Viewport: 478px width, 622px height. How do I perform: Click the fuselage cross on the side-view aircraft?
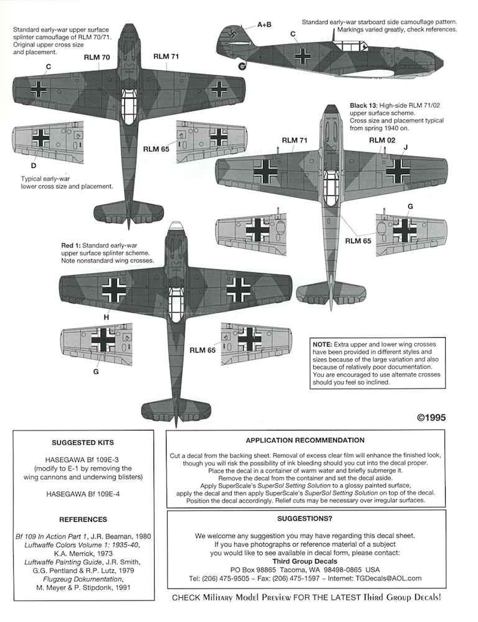(x=303, y=56)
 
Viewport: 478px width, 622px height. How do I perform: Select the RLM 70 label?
(x=97, y=57)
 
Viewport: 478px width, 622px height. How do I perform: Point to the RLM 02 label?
(x=382, y=140)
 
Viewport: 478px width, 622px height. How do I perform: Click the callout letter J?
(x=405, y=147)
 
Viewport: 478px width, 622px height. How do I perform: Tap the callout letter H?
(x=106, y=317)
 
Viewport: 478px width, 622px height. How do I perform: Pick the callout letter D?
(x=34, y=165)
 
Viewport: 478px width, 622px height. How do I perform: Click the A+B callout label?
(x=264, y=25)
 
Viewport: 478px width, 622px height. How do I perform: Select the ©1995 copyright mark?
(x=431, y=418)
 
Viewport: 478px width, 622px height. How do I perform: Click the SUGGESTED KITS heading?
(x=83, y=443)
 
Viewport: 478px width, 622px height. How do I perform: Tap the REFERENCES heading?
(x=83, y=519)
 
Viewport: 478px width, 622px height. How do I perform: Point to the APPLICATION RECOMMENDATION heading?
(x=305, y=440)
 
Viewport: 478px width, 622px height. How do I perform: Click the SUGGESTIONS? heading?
(x=305, y=519)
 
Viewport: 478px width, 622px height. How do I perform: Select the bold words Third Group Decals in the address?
(x=305, y=561)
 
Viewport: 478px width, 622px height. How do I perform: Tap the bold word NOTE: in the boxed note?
(x=322, y=345)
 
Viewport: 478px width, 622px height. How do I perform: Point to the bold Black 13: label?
(x=364, y=106)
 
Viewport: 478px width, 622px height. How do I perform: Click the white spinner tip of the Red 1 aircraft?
(x=175, y=226)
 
